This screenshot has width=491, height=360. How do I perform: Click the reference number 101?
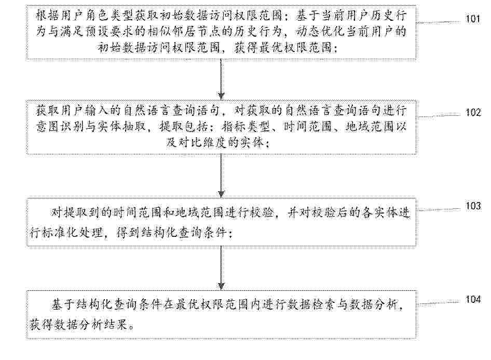coord(473,19)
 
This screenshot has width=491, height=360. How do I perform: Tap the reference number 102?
coord(473,113)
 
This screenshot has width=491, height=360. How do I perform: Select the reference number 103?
coord(473,206)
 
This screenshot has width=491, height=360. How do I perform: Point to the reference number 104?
coord(473,300)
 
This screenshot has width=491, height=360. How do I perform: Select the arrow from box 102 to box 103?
coord(222,176)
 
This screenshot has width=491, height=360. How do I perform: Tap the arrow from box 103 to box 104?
coord(222,268)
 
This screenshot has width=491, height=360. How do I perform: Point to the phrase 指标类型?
coord(246,127)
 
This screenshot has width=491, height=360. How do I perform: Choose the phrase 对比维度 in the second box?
coord(202,143)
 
